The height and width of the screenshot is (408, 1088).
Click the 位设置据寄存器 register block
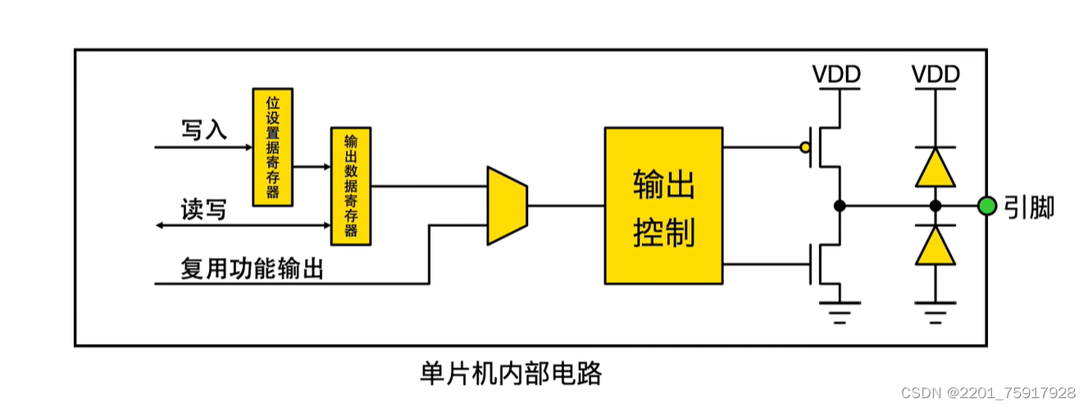272,147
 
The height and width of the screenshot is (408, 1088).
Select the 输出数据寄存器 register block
351,186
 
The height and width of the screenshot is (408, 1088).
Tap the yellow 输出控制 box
663,206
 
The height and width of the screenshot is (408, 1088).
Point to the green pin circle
987,206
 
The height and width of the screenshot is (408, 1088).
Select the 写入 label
203,129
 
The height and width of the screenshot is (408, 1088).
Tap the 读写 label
203,210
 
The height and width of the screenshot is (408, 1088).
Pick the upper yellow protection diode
935,168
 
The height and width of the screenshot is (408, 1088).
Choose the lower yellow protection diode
935,245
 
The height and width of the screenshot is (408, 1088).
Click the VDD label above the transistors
836,75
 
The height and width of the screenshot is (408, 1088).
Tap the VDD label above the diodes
935,75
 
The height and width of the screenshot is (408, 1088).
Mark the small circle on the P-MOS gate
805,148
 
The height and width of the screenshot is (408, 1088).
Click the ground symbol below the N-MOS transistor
839,311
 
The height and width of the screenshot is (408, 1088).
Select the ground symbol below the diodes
935,311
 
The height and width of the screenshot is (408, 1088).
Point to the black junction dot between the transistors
839,206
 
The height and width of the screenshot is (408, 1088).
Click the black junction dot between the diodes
935,206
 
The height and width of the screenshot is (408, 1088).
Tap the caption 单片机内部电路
511,374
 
